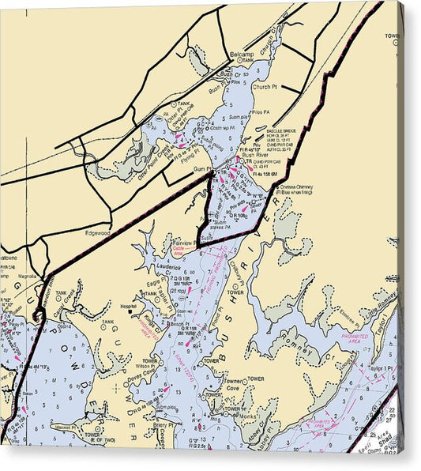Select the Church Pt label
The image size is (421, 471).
(265, 87)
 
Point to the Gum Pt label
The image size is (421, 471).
(203, 169)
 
